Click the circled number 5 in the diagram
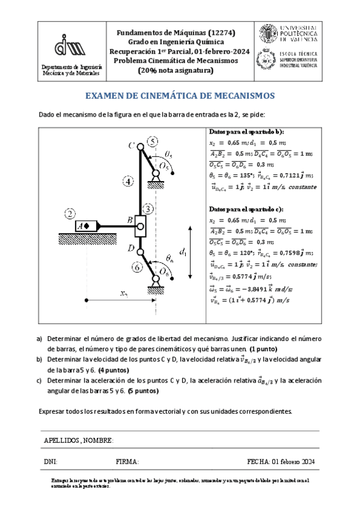(153, 142)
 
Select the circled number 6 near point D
(138, 266)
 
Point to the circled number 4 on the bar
(127, 180)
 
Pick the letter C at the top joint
(131, 145)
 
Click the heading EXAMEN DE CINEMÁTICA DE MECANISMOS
(180, 96)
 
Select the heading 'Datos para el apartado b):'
(246, 131)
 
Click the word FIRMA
(127, 461)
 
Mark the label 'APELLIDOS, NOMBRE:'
(79, 441)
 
